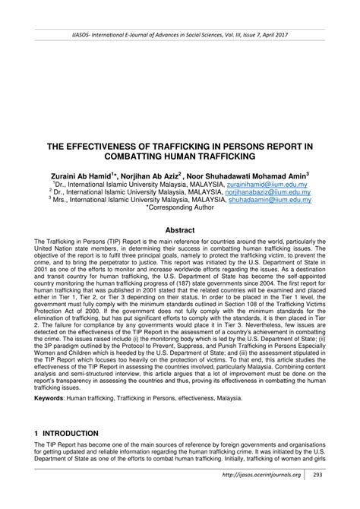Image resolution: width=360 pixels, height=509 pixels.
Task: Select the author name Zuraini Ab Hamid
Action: (x=83, y=173)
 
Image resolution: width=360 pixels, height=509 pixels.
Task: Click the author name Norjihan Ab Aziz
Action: (x=154, y=173)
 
